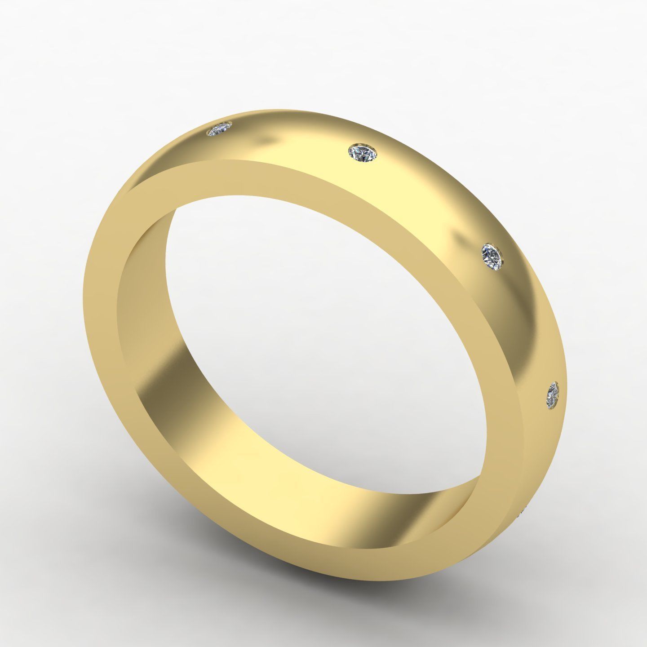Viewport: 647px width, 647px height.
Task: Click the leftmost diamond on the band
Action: tap(219, 130)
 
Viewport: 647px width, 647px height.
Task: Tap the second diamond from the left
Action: tap(363, 152)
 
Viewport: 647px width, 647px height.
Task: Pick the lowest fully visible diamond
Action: tap(553, 395)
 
